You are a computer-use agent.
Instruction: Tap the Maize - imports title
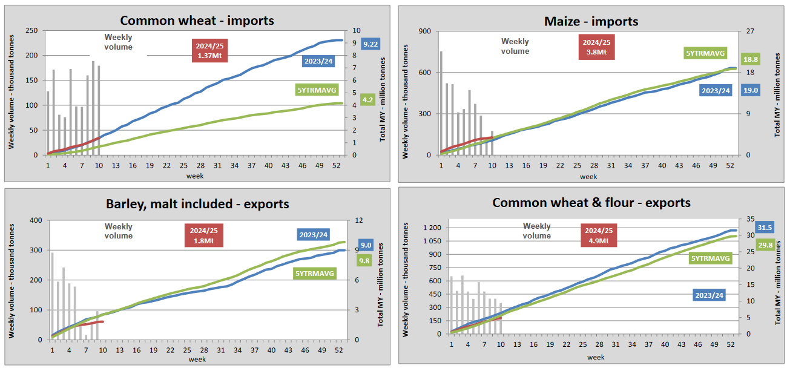(591, 21)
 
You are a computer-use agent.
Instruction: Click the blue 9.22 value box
(370, 44)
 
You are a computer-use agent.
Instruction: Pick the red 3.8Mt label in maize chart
(596, 47)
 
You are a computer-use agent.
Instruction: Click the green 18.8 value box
(751, 59)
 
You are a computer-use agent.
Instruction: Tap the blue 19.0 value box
(751, 90)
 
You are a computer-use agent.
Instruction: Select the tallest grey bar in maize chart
(441, 103)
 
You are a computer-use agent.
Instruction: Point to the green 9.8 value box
(366, 261)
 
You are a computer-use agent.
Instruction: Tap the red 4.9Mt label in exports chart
(599, 235)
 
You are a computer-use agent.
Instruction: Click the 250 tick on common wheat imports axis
(30, 31)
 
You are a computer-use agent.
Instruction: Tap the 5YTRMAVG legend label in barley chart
(314, 274)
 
